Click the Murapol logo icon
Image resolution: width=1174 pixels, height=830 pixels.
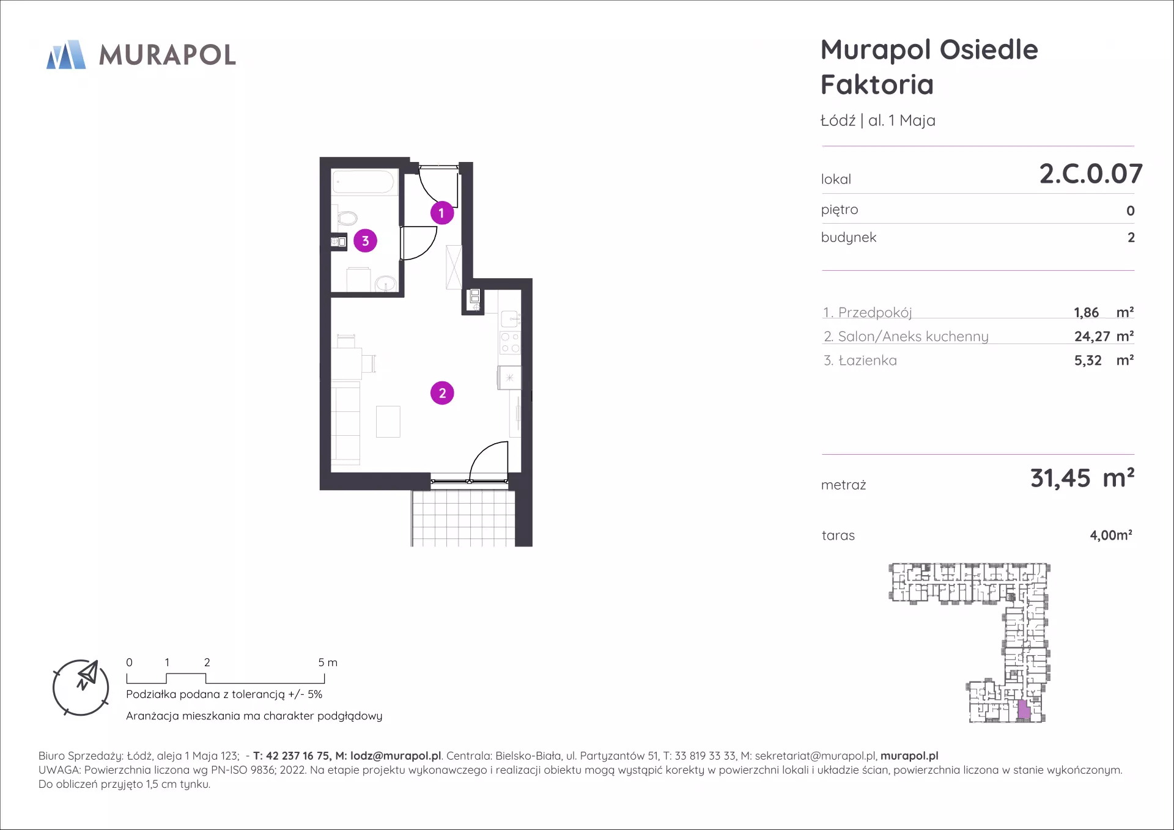point(66,54)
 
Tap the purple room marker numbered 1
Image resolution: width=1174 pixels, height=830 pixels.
point(441,213)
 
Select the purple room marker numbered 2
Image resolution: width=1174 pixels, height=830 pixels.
point(442,393)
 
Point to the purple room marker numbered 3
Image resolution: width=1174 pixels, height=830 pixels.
point(365,241)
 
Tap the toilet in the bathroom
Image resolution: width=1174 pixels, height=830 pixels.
point(346,218)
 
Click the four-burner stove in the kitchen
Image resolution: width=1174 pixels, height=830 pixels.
point(510,343)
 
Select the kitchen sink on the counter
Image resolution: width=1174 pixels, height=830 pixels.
point(510,319)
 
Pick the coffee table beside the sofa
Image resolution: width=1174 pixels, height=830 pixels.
point(388,422)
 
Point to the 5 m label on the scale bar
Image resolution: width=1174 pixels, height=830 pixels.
point(328,663)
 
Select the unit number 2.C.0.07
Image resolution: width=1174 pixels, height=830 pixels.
point(1091,174)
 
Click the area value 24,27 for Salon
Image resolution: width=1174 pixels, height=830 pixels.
point(1092,336)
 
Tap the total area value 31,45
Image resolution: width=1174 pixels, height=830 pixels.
point(1060,478)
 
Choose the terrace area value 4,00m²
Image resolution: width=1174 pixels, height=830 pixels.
point(1111,535)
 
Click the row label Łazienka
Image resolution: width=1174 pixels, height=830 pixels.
point(868,361)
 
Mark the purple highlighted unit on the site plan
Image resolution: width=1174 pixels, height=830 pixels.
point(1024,710)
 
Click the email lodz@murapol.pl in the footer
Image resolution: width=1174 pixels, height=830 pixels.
point(396,756)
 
